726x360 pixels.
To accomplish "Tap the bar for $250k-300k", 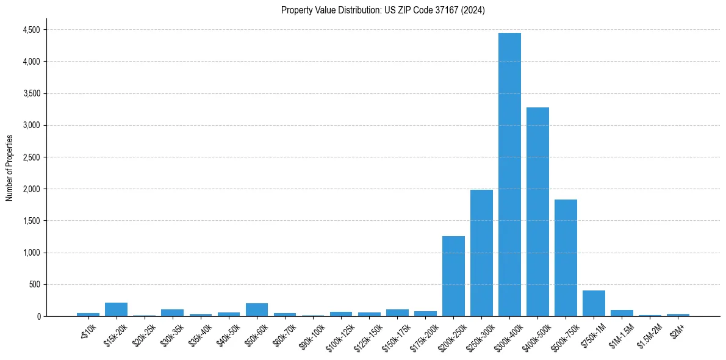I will tap(481, 253).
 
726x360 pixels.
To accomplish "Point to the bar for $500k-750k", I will tap(566, 257).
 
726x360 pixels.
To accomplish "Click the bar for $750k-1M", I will tap(594, 303).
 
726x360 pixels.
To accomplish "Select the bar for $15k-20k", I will tap(116, 309).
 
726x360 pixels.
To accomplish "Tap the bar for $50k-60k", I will tap(257, 310).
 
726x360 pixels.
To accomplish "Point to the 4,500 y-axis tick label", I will tap(31, 30).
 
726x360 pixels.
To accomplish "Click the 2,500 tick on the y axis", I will tap(31, 157).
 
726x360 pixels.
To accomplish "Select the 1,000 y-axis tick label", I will tap(31, 253).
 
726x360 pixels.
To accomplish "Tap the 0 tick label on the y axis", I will tap(39, 316).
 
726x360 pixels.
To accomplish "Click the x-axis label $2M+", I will tap(677, 328).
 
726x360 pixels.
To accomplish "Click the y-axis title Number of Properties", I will tap(9, 167).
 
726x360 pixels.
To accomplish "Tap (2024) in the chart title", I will tap(473, 10).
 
